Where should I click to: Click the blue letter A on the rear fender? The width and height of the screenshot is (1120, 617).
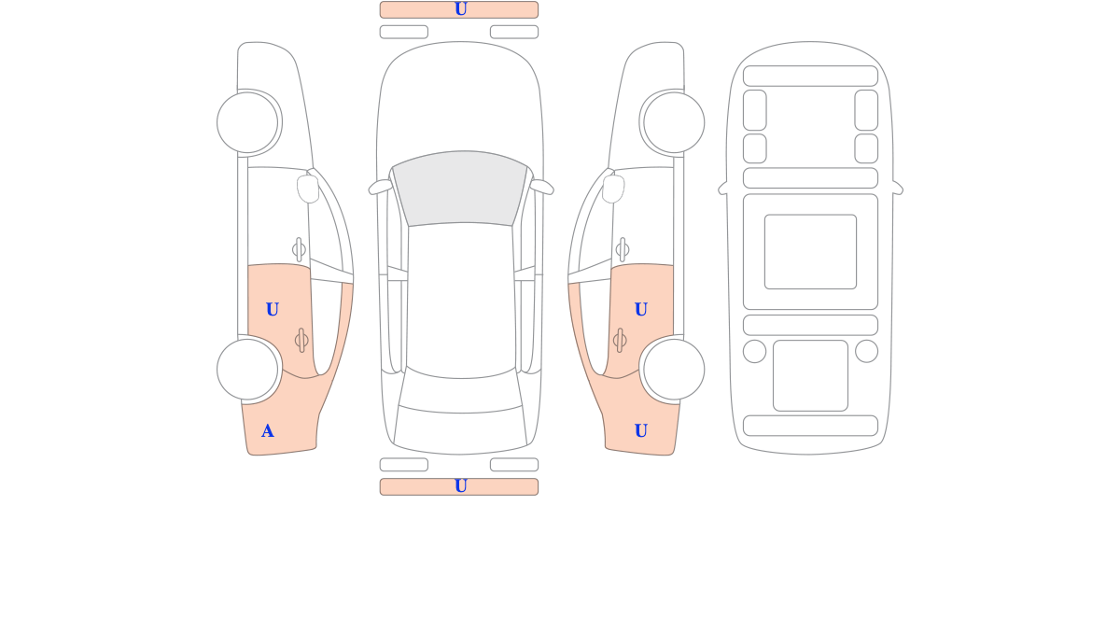click(x=268, y=431)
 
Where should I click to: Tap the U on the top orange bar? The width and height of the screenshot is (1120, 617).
click(x=460, y=9)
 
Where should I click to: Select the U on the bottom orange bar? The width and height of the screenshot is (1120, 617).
click(x=460, y=486)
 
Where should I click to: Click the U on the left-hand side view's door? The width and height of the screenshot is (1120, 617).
click(x=272, y=310)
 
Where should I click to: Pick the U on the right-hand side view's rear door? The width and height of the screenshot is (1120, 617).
click(x=641, y=310)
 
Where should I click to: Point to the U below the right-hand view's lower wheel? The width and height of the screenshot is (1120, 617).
click(x=641, y=430)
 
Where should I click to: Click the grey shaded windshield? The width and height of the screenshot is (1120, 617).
click(x=460, y=188)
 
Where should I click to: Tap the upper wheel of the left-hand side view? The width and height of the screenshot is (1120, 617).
click(x=247, y=122)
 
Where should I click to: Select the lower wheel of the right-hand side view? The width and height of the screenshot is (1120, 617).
click(x=674, y=370)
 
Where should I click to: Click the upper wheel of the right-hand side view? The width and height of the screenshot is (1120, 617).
click(x=674, y=122)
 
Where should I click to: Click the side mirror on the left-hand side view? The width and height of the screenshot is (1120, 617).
click(x=308, y=189)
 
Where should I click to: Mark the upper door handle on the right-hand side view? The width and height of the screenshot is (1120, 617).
click(x=623, y=249)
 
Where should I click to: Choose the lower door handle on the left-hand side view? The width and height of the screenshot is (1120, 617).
click(x=301, y=341)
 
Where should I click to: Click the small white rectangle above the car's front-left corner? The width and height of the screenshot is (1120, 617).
click(x=404, y=32)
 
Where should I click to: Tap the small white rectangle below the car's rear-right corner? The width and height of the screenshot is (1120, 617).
click(x=514, y=465)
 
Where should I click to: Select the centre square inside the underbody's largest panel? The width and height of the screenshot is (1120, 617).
click(x=810, y=251)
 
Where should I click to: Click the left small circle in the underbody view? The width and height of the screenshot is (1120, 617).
click(x=754, y=351)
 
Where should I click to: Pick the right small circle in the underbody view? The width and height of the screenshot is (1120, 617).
click(x=866, y=351)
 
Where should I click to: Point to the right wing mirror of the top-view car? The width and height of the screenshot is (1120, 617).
click(x=542, y=187)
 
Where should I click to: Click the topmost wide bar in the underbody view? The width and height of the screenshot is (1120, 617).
click(x=810, y=76)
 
